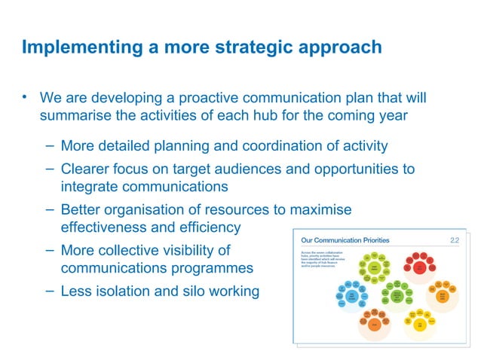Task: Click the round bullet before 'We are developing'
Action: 25,97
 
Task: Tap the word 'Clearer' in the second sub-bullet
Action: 87,169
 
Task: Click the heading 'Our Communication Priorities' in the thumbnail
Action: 345,240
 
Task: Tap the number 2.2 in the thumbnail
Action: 455,240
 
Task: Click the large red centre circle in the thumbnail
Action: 418,267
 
